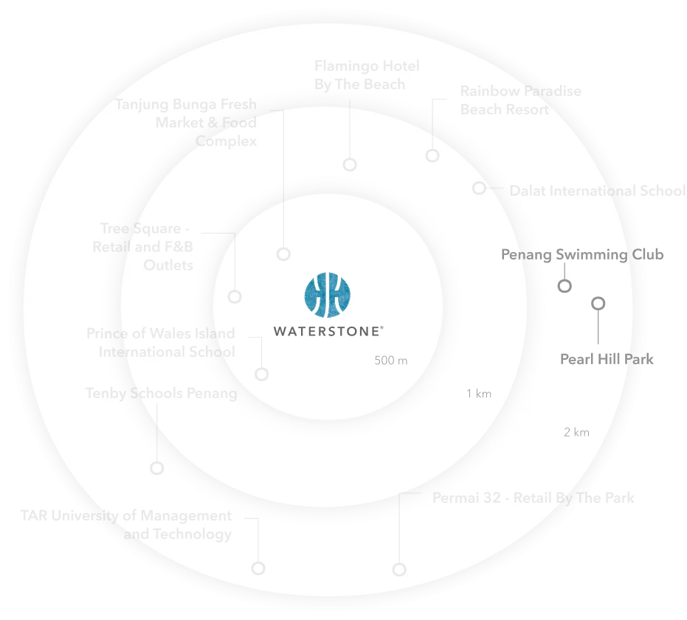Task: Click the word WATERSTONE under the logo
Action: pyautogui.click(x=328, y=332)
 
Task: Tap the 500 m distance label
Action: pyautogui.click(x=390, y=361)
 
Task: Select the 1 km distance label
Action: pyautogui.click(x=478, y=394)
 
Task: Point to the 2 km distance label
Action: pyautogui.click(x=576, y=433)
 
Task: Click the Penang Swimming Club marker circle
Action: pyautogui.click(x=565, y=287)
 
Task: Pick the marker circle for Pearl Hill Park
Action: pyautogui.click(x=598, y=303)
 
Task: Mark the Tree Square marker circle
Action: pyautogui.click(x=235, y=296)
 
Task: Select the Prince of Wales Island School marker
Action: pyautogui.click(x=261, y=374)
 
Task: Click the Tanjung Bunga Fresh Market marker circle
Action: pyautogui.click(x=283, y=254)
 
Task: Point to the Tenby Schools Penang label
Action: pyautogui.click(x=162, y=394)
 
